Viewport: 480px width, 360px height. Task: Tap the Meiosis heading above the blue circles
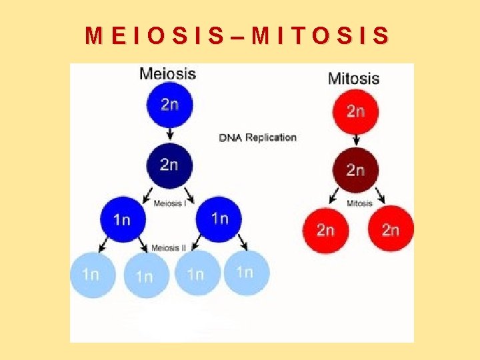(167, 73)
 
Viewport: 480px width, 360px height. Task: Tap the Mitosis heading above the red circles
(353, 78)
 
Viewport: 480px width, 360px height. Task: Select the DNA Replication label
(258, 137)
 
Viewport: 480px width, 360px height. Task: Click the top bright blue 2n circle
(169, 105)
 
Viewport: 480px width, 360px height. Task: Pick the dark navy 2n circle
(169, 164)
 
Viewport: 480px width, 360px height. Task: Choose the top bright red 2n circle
(355, 111)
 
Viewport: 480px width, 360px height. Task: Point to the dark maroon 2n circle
(355, 170)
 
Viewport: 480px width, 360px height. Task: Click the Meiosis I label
(169, 203)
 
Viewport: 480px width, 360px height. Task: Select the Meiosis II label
(169, 248)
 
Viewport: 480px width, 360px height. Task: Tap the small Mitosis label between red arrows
(359, 203)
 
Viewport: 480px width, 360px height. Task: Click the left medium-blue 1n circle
(122, 219)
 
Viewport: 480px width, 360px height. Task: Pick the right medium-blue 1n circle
(219, 219)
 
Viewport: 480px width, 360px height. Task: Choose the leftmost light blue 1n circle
(92, 273)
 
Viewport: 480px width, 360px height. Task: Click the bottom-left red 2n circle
(325, 230)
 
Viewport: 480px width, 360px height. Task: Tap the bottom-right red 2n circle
(391, 230)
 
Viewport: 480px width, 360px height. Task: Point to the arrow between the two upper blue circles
(169, 134)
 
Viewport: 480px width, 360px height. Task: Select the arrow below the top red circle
(356, 140)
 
